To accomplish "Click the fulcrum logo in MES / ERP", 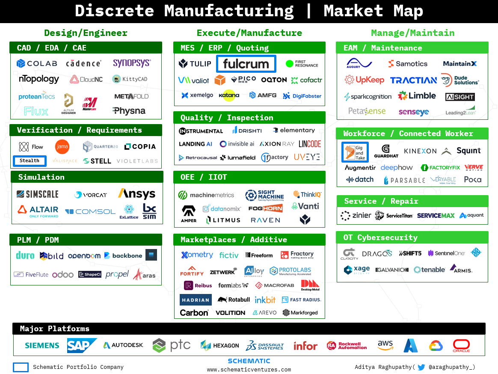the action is coord(246,64).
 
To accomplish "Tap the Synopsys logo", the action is coord(132,63).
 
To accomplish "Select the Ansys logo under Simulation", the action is coord(136,194).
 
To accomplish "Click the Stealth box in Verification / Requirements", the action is coord(30,161).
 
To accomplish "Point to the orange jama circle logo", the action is coord(62,147).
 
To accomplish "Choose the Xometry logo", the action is coord(197,255).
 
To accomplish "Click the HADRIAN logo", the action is coord(195,300).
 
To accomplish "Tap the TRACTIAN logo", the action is coord(413,80).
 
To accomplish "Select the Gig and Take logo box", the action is coord(355,152).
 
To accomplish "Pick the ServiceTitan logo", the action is coord(394,216).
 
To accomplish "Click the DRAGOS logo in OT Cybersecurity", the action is coord(376,253).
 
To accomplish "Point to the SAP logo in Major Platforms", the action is coord(82,345).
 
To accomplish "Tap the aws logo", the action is coord(385,345).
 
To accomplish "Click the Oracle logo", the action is coord(461,345).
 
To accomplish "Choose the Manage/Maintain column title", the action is coord(412,33).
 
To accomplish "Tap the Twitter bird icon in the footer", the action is coord(421,367).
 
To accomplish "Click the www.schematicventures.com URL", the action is coord(249,370).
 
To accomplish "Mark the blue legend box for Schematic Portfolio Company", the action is coord(21,367).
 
